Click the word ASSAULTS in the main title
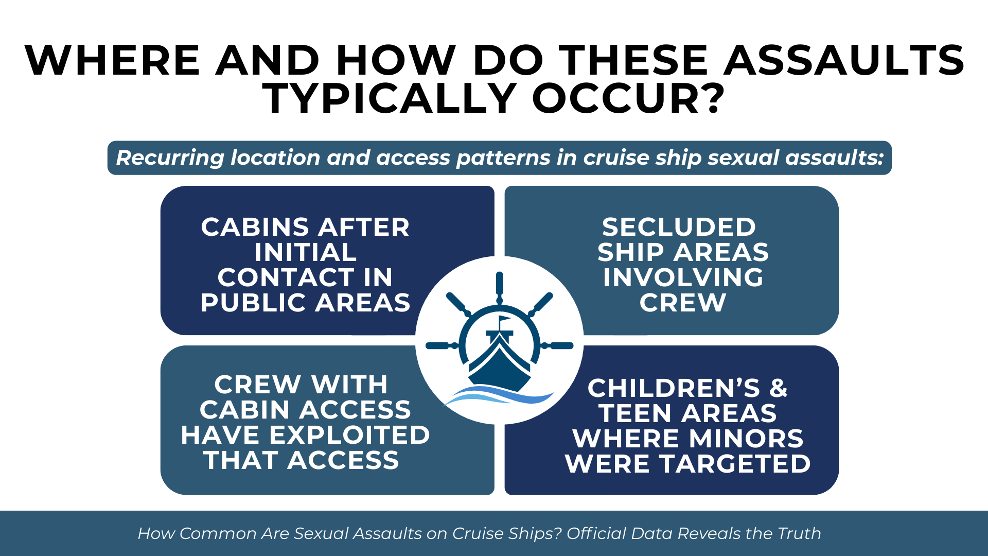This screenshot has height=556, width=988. tap(844, 60)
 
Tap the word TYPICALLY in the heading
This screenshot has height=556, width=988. tap(390, 98)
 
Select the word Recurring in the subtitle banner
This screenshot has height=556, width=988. tap(170, 158)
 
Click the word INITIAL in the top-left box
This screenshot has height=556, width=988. tap(306, 252)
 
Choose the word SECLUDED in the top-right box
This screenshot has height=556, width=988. tap(679, 227)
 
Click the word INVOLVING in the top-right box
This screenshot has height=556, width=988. tap(683, 277)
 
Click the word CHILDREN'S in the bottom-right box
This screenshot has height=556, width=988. tap(674, 388)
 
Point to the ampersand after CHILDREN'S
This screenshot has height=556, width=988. tap(779, 388)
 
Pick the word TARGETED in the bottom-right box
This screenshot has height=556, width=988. tap(735, 464)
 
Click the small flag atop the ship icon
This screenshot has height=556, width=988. tap(504, 320)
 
